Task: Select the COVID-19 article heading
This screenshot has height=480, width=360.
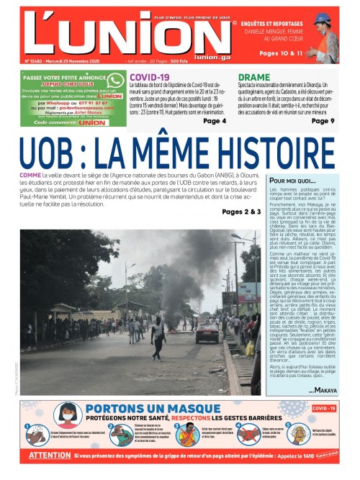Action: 149,76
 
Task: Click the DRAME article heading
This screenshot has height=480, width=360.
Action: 254,76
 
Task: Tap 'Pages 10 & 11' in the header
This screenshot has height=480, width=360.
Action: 280,53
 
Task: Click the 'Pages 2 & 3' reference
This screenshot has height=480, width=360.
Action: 242,212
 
